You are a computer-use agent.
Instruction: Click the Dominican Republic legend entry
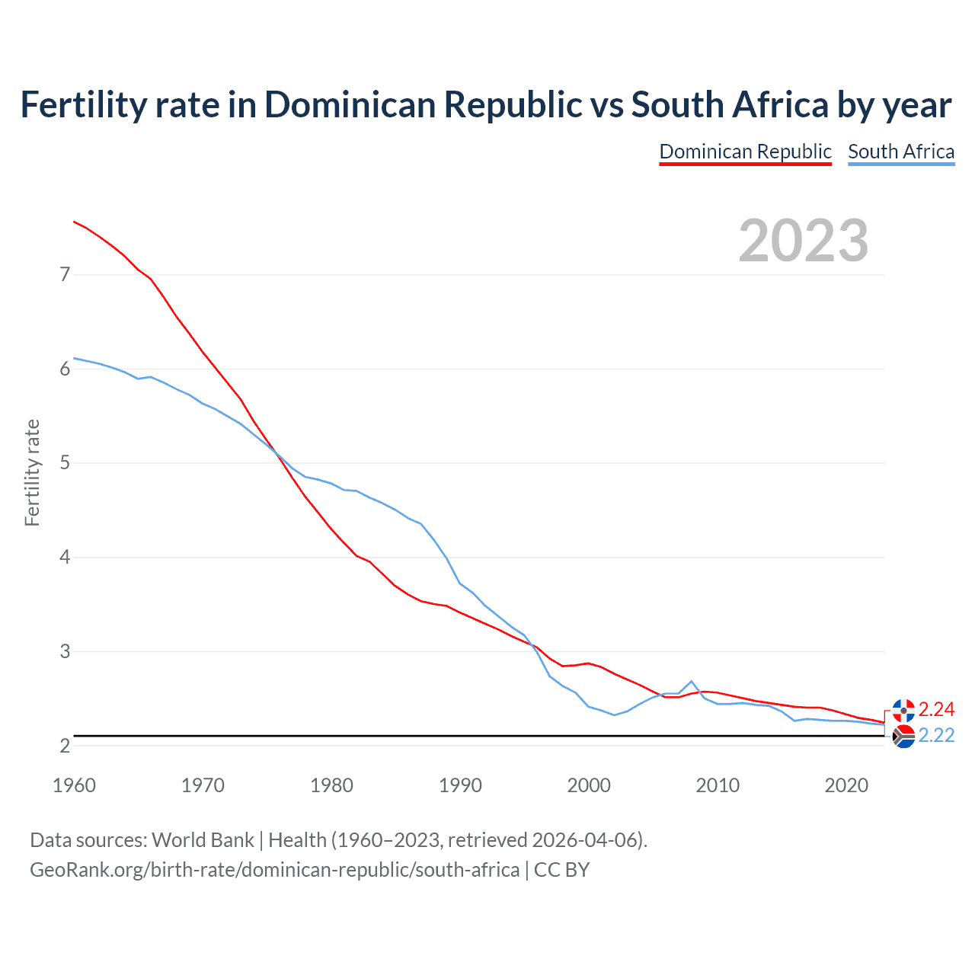click(x=745, y=152)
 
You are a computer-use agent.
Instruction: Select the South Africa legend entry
click(x=901, y=152)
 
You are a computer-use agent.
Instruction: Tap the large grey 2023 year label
click(x=804, y=241)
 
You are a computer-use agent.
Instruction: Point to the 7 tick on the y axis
click(x=65, y=274)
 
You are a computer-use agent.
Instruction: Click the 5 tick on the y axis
click(x=65, y=463)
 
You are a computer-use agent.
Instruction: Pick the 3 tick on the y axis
click(x=65, y=652)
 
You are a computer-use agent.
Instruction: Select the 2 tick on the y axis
click(x=65, y=746)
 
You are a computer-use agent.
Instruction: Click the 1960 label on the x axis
click(x=74, y=785)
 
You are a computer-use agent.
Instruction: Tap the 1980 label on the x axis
click(x=331, y=785)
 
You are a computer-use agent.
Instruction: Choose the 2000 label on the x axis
click(x=589, y=785)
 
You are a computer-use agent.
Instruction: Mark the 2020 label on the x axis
click(x=846, y=785)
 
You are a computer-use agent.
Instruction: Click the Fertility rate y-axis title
click(x=32, y=472)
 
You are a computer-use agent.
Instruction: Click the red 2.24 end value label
click(x=936, y=710)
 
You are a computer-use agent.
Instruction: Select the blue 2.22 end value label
click(x=936, y=736)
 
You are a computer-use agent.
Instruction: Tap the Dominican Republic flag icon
click(x=903, y=711)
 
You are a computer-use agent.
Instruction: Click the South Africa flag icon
click(x=903, y=737)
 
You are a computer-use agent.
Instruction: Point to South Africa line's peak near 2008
click(x=691, y=681)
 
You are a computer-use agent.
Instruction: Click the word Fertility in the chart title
click(x=82, y=104)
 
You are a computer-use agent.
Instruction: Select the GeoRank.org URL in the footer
click(x=274, y=870)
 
